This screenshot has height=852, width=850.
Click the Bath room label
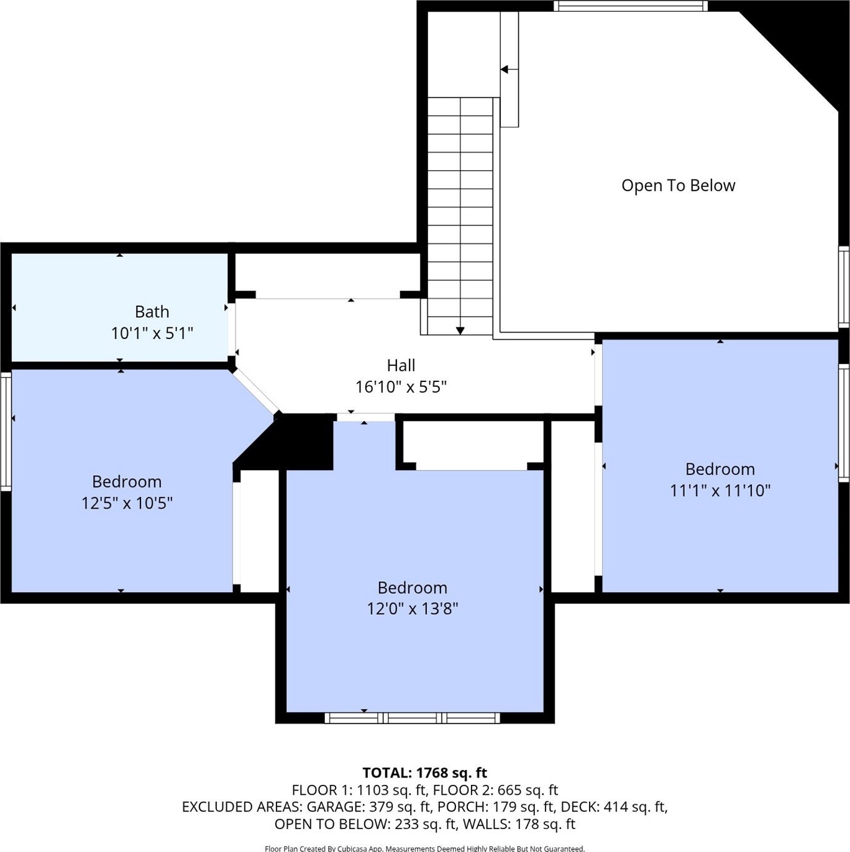tap(152, 312)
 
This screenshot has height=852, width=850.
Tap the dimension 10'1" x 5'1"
tap(152, 333)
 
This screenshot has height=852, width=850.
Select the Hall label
tap(401, 365)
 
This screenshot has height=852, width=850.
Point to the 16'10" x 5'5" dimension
tap(401, 387)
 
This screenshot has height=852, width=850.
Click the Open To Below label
tap(679, 185)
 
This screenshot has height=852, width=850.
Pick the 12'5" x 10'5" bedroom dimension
tap(127, 503)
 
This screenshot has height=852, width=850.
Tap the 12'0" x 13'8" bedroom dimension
tap(412, 609)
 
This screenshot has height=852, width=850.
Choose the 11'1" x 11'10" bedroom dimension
tap(720, 491)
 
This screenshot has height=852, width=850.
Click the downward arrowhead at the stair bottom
tap(460, 331)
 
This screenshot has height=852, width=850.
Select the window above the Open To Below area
tap(631, 6)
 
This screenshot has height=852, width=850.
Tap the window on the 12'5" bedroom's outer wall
tap(6, 431)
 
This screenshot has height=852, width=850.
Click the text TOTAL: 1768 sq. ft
tap(425, 773)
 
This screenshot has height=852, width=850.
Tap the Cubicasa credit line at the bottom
tap(425, 848)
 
